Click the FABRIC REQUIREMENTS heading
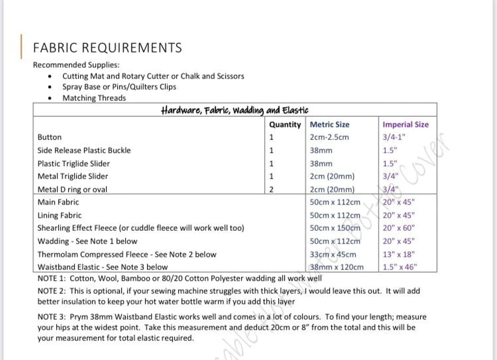107,48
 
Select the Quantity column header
285,124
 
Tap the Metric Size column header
329,124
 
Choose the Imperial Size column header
405,124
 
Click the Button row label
50,137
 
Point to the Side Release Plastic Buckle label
84,150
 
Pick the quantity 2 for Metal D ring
271,189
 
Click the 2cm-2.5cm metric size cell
329,137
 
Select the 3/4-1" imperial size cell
394,137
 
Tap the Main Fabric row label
58,202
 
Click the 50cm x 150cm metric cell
335,228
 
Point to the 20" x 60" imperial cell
398,228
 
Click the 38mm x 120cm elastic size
336,267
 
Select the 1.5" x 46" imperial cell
400,267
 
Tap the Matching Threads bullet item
94,98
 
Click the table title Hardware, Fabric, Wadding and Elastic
235,110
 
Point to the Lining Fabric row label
59,215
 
